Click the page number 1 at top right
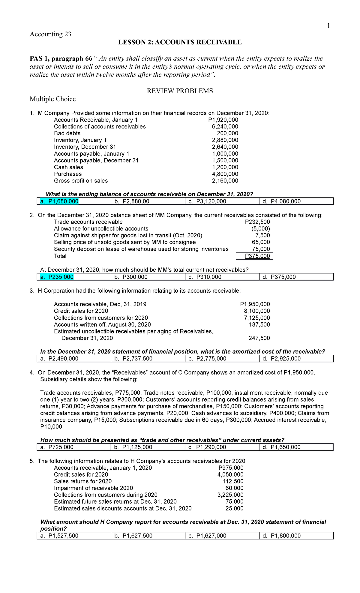[x=328, y=26]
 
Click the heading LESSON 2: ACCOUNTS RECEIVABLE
[x=180, y=42]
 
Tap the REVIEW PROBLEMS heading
[x=180, y=91]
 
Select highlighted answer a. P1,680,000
[x=59, y=201]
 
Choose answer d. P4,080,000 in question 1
[x=281, y=201]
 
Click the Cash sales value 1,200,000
[x=225, y=167]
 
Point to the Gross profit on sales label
[x=81, y=181]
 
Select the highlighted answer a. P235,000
[x=57, y=277]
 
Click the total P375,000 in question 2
[x=257, y=256]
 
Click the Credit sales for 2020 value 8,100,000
[x=257, y=311]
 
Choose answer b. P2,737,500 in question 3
[x=133, y=359]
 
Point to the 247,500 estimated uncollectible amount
[x=259, y=338]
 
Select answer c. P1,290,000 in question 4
[x=207, y=447]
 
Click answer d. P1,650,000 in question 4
[x=281, y=447]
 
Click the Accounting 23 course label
[x=50, y=34]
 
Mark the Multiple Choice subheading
[x=53, y=99]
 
